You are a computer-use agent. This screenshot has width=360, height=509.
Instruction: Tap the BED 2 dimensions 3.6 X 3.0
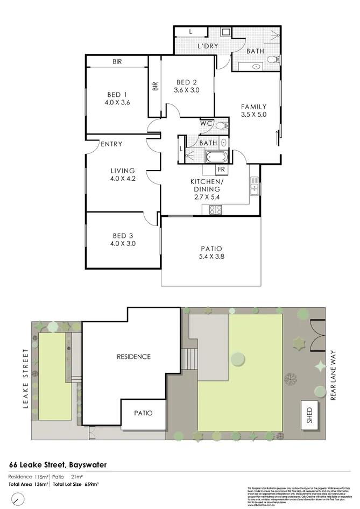(187, 90)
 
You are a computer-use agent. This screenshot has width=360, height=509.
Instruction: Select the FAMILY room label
(253, 107)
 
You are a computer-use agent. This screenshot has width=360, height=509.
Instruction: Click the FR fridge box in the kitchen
(221, 169)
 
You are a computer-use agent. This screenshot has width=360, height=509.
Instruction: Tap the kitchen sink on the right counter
(253, 187)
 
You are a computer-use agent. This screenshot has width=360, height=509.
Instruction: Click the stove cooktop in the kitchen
(214, 209)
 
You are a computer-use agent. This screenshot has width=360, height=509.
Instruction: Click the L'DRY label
(207, 46)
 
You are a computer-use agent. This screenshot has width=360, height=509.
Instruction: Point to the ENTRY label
(111, 144)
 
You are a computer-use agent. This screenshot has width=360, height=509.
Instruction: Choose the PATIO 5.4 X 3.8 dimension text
(211, 257)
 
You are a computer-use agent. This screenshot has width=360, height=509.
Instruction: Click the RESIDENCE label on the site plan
(133, 356)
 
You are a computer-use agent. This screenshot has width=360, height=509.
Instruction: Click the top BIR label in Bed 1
(117, 62)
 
